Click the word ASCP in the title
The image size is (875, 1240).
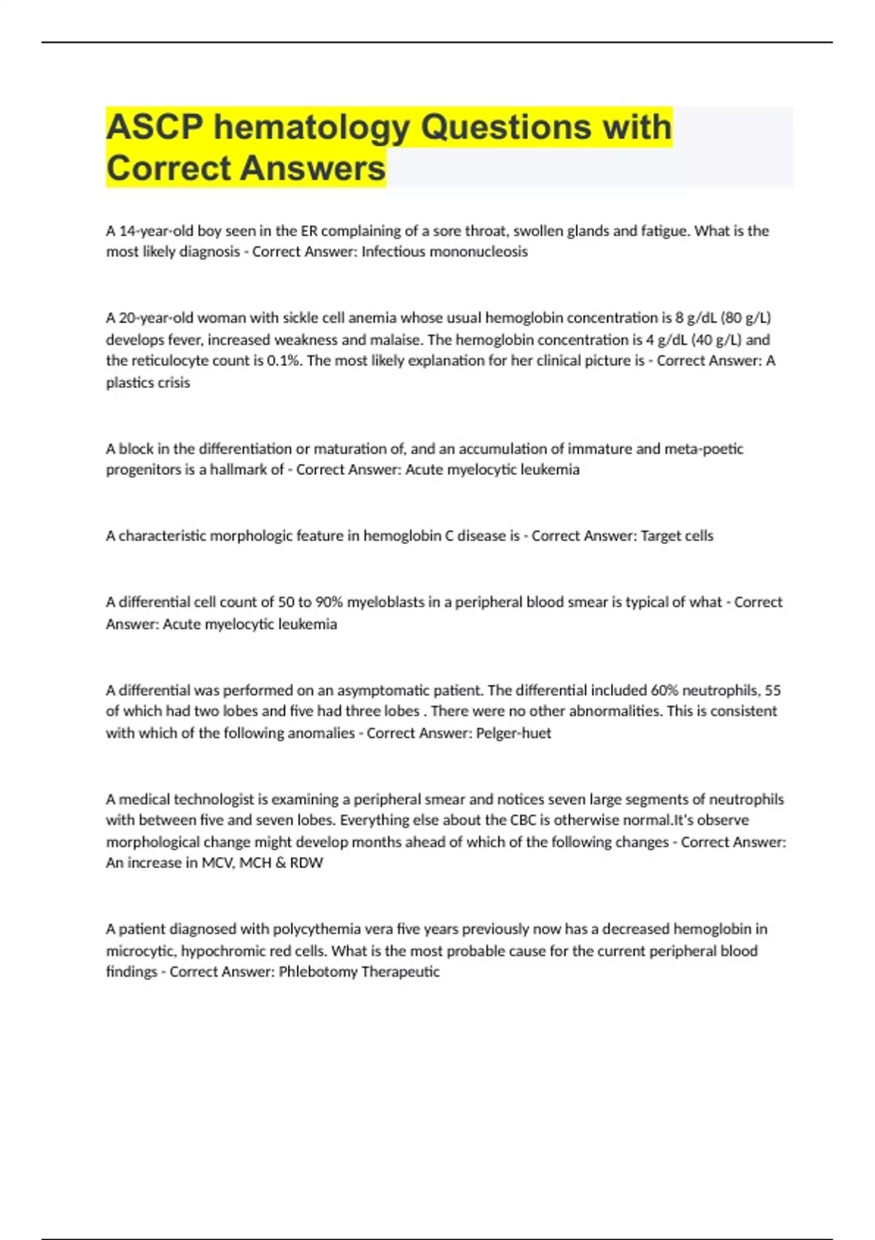pyautogui.click(x=154, y=127)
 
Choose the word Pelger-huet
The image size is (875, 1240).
pyautogui.click(x=513, y=733)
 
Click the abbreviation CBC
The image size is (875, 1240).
pyautogui.click(x=524, y=820)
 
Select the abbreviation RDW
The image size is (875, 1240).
pyautogui.click(x=306, y=863)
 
